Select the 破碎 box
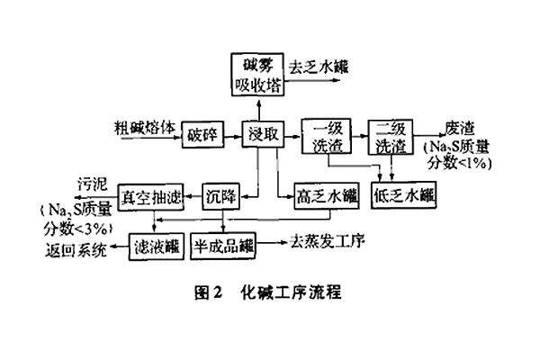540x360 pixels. (x=202, y=135)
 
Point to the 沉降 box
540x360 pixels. (x=220, y=196)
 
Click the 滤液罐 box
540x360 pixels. (x=154, y=245)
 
